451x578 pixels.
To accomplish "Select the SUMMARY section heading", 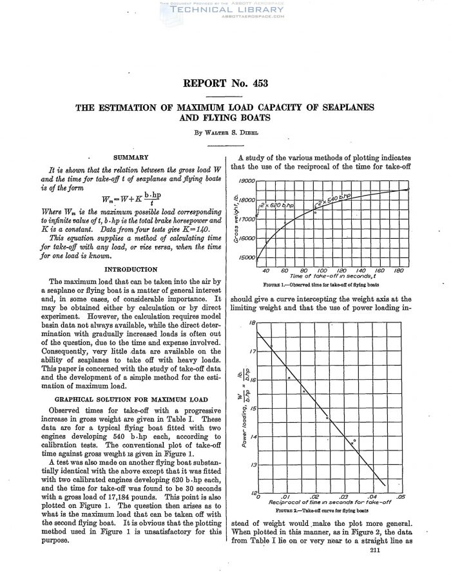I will tap(131, 157).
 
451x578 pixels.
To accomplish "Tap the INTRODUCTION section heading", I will tap(131, 268).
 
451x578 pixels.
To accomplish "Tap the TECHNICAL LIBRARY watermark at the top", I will tap(225, 10).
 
